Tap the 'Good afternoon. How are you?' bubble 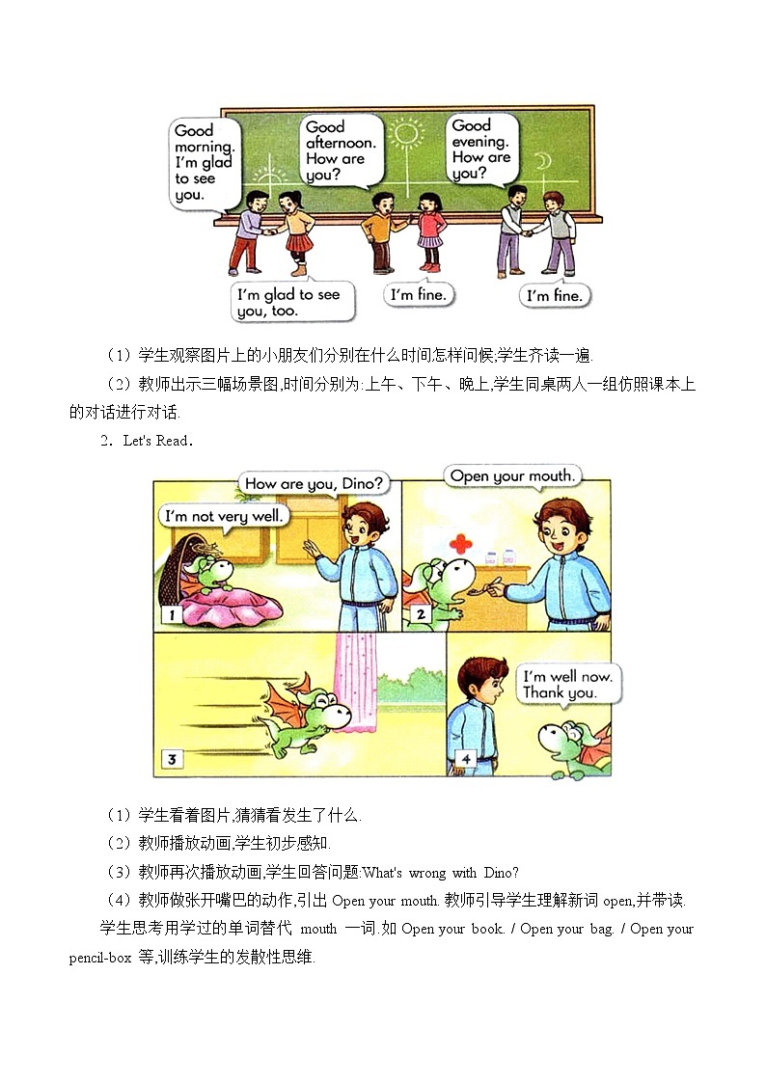339,149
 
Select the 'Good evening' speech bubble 482,148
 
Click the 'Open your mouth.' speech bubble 512,476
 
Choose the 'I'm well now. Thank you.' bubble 566,685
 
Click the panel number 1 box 171,613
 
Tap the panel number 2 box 421,613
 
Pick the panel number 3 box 171,759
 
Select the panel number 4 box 466,759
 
